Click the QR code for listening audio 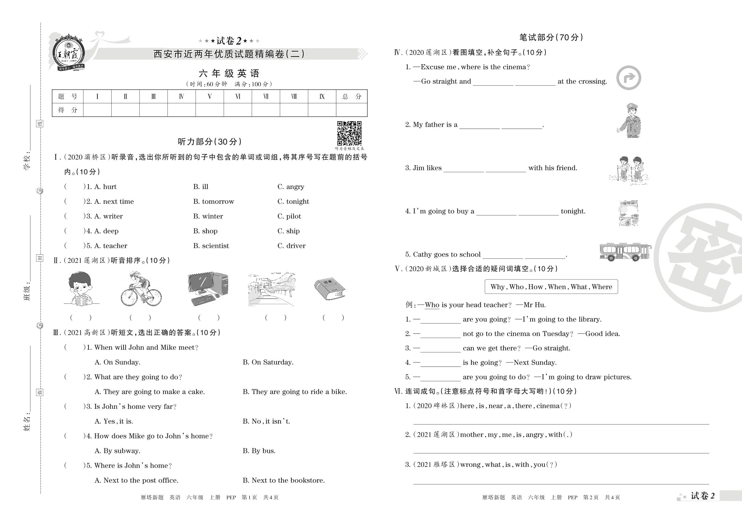(349, 133)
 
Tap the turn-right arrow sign (628, 78)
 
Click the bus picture (625, 252)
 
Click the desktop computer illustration (208, 289)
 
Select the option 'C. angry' (291, 187)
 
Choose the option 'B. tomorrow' (213, 202)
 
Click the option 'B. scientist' (211, 246)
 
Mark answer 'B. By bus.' (259, 451)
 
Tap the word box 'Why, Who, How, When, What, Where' (551, 287)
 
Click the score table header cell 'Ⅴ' (210, 96)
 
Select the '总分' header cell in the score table (351, 96)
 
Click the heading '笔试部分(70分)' (551, 38)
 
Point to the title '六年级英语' (229, 73)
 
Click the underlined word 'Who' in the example (432, 305)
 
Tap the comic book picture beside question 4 (628, 213)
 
